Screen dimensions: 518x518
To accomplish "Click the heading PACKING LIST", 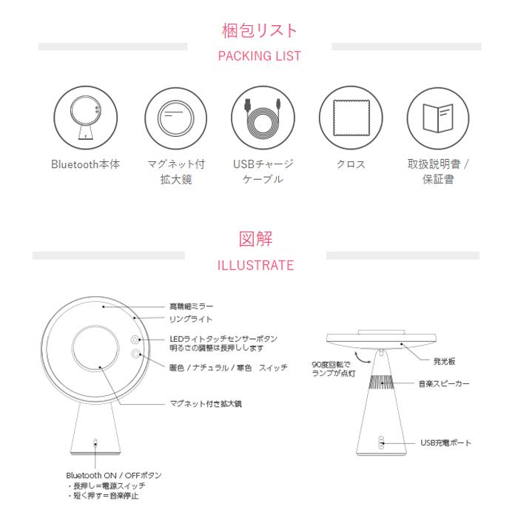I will (259, 56).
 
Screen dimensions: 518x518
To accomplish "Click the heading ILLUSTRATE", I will (256, 265).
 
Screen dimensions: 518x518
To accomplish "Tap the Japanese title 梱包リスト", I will (259, 30).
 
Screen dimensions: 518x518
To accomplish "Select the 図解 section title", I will (256, 239).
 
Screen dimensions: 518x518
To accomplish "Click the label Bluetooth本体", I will (85, 164).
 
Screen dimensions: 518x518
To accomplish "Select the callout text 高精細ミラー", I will (192, 306).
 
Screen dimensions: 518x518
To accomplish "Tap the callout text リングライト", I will (191, 320).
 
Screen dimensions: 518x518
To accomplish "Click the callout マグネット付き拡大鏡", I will (206, 404).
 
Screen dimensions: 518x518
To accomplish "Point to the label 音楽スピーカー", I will (444, 384).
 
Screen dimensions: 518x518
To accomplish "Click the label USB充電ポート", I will (445, 443).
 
